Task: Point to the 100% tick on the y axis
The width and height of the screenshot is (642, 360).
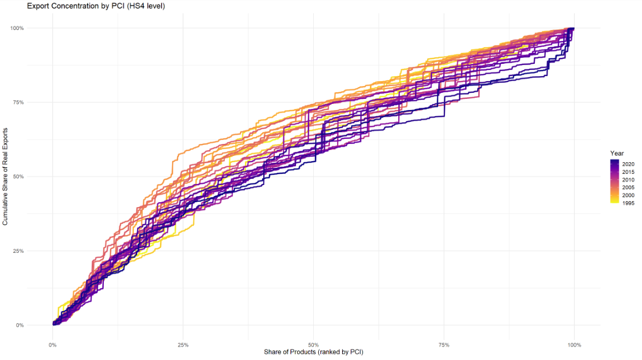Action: pos(33,28)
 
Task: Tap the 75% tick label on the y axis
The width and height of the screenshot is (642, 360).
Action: pos(34,102)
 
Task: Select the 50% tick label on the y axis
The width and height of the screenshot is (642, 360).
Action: pos(34,177)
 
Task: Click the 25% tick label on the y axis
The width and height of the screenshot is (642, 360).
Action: pos(34,251)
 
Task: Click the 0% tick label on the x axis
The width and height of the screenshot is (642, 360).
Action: pos(52,345)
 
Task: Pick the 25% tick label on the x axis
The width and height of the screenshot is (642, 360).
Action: pos(183,345)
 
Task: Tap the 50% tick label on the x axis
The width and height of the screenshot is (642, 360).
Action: pos(313,345)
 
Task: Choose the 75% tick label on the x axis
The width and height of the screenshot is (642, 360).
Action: pos(444,345)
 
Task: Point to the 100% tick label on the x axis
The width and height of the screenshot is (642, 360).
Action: pos(574,345)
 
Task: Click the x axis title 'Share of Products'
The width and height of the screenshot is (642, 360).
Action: pos(313,352)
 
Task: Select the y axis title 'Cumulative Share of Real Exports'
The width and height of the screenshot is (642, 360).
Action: pos(5,177)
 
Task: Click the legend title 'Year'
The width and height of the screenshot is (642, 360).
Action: pos(616,153)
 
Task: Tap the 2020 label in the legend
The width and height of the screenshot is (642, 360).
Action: pos(628,164)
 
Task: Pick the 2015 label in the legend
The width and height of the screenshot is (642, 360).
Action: pos(628,172)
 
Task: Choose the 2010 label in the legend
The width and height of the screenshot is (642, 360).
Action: pos(628,180)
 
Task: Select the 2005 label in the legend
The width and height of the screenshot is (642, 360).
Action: pos(628,188)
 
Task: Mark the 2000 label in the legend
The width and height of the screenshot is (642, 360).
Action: pos(628,196)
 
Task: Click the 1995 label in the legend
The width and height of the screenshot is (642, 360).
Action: pos(628,203)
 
